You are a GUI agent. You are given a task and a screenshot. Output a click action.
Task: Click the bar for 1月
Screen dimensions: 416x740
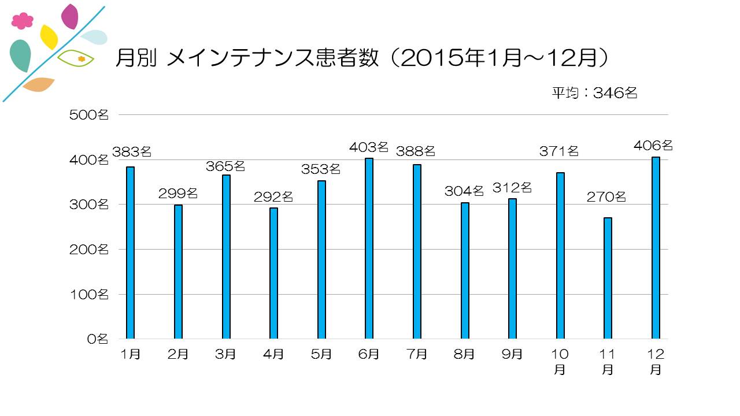coord(130,252)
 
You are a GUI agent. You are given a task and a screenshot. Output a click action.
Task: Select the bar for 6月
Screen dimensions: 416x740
coord(369,248)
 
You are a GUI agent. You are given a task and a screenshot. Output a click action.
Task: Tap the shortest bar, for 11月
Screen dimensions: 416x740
coord(608,278)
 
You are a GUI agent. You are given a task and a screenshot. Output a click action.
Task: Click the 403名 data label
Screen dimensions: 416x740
coord(369,147)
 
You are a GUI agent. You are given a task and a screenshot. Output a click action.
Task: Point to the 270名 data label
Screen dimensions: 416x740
coord(606,197)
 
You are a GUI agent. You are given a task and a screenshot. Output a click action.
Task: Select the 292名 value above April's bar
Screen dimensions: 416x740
coord(273,197)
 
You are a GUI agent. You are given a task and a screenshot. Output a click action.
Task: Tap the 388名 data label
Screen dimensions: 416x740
coord(416,152)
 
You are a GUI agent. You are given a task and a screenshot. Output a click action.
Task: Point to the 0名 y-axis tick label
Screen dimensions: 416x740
coord(97,339)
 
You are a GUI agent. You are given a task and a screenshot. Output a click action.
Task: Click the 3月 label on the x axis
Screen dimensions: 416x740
coord(225,354)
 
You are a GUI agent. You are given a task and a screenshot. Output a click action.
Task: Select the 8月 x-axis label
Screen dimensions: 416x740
coord(464,354)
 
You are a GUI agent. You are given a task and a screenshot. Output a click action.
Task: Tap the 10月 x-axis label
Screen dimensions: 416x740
coord(560,362)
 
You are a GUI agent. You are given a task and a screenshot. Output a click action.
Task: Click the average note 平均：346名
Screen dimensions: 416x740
coord(594,93)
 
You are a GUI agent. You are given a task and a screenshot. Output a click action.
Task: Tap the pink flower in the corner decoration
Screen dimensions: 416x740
coord(23,21)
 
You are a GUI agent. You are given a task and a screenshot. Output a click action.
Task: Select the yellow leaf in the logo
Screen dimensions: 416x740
coord(49,37)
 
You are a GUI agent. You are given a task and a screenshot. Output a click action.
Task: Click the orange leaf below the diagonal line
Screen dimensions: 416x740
coord(38,84)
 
